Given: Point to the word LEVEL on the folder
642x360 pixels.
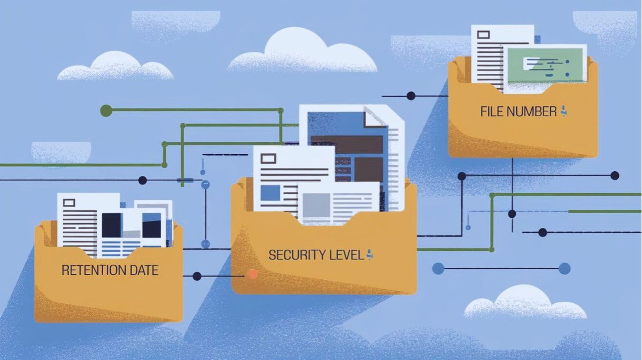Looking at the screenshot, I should tap(345, 255).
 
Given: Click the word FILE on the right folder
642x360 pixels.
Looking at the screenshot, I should tap(491, 112).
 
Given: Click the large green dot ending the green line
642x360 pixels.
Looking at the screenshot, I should tap(106, 111).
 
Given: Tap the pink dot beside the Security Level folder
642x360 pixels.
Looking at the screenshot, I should tap(253, 274).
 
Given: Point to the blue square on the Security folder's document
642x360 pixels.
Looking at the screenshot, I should tap(270, 192).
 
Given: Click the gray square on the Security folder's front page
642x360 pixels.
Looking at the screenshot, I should tap(316, 205).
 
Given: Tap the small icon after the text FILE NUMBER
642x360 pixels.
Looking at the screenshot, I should tap(563, 111).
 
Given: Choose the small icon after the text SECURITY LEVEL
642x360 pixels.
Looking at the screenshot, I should tap(369, 255).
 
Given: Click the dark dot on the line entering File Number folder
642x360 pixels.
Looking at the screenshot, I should tap(411, 96).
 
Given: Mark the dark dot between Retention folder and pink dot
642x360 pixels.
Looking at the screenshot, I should tap(197, 276).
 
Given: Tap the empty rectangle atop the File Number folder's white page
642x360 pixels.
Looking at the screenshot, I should tap(483, 35).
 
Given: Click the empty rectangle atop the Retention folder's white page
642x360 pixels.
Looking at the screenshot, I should tap(69, 203).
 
